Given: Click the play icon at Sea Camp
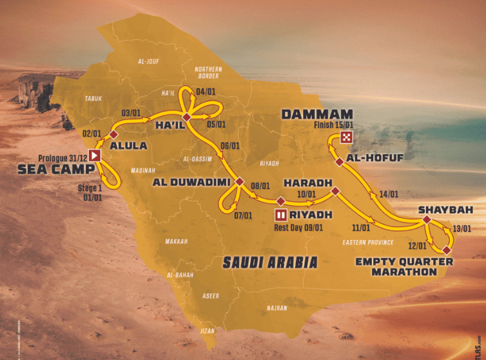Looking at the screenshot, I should tap(95, 155).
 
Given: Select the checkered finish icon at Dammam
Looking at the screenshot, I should tap(347, 136).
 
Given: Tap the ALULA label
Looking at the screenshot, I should tap(129, 146).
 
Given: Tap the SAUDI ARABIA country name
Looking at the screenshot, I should tap(270, 262).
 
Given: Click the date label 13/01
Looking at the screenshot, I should tap(462, 228).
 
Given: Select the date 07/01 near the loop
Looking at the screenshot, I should tap(243, 215).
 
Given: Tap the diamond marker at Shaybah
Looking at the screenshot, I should tap(426, 220).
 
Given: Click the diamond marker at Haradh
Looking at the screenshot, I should tap(335, 190).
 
